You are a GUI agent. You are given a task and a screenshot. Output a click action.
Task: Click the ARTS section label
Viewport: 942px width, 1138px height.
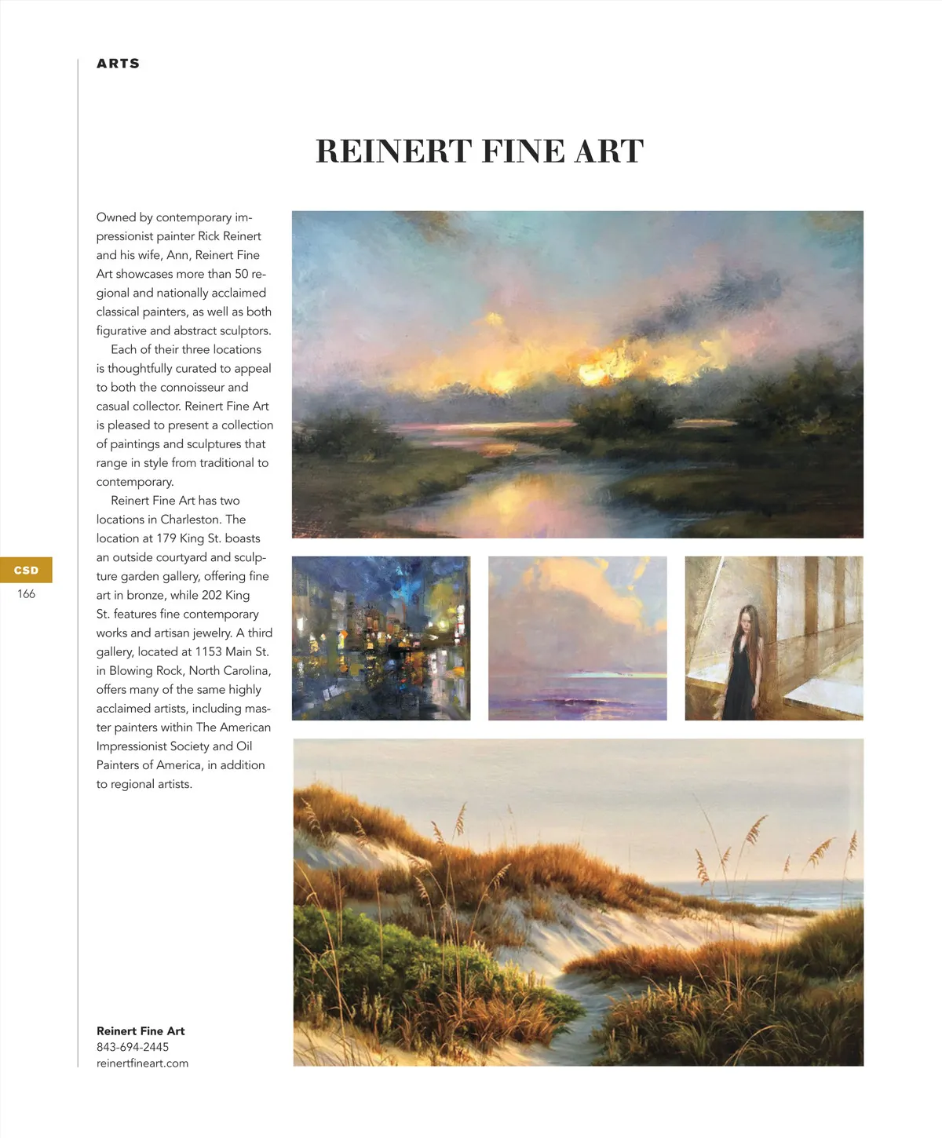click(x=118, y=64)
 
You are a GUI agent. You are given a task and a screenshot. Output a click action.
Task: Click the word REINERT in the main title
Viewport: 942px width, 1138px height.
click(x=393, y=151)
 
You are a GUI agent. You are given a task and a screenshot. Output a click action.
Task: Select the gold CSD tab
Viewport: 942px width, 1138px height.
click(x=26, y=571)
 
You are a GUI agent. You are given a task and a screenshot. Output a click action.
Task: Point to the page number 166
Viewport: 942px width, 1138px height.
click(x=26, y=594)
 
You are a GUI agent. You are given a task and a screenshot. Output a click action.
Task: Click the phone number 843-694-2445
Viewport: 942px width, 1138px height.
click(x=133, y=1047)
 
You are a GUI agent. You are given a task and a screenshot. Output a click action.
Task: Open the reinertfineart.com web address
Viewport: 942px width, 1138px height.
click(x=142, y=1063)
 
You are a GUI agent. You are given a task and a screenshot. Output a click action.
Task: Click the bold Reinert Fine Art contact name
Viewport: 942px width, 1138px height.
click(x=141, y=1031)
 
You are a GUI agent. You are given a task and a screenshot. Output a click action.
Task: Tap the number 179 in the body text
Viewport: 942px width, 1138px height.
click(x=166, y=538)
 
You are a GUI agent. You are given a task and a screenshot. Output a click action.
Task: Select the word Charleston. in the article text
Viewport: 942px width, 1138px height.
click(x=191, y=520)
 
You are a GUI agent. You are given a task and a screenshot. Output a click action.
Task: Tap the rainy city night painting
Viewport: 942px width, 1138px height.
click(x=381, y=638)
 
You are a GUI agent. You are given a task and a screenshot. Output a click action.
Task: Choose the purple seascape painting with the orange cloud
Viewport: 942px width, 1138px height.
click(x=577, y=638)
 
